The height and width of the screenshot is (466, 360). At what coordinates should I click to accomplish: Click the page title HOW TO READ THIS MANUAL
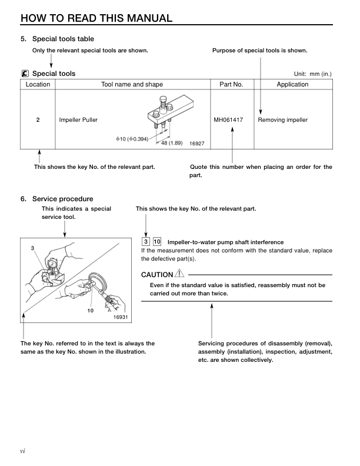pyautogui.click(x=96, y=18)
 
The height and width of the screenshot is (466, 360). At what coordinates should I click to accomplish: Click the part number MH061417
pyautogui.click(x=231, y=120)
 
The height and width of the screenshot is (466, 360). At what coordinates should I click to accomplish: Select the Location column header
pyautogui.click(x=38, y=85)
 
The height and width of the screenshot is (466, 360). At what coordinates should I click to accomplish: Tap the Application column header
pyautogui.click(x=292, y=85)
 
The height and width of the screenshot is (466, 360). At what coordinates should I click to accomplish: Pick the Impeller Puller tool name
pyautogui.click(x=78, y=120)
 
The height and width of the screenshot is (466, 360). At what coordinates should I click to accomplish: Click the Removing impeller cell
pyautogui.click(x=283, y=120)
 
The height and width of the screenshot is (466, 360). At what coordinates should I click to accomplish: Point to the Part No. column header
pyautogui.click(x=231, y=85)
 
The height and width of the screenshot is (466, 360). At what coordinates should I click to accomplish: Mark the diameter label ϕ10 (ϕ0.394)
pyautogui.click(x=132, y=139)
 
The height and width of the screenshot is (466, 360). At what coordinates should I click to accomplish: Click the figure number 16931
pyautogui.click(x=121, y=317)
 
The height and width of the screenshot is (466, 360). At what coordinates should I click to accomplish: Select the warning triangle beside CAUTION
pyautogui.click(x=179, y=274)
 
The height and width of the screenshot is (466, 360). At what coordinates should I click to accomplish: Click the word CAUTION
pyautogui.click(x=157, y=275)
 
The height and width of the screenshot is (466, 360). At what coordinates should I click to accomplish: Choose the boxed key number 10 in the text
pyautogui.click(x=157, y=242)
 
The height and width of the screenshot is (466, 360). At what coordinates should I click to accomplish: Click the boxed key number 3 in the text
pyautogui.click(x=145, y=242)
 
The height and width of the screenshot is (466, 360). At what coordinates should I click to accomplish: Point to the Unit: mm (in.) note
pyautogui.click(x=313, y=74)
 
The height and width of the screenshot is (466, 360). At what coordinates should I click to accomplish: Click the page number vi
pyautogui.click(x=22, y=451)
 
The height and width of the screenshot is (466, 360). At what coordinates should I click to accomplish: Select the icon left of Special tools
pyautogui.click(x=24, y=74)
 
